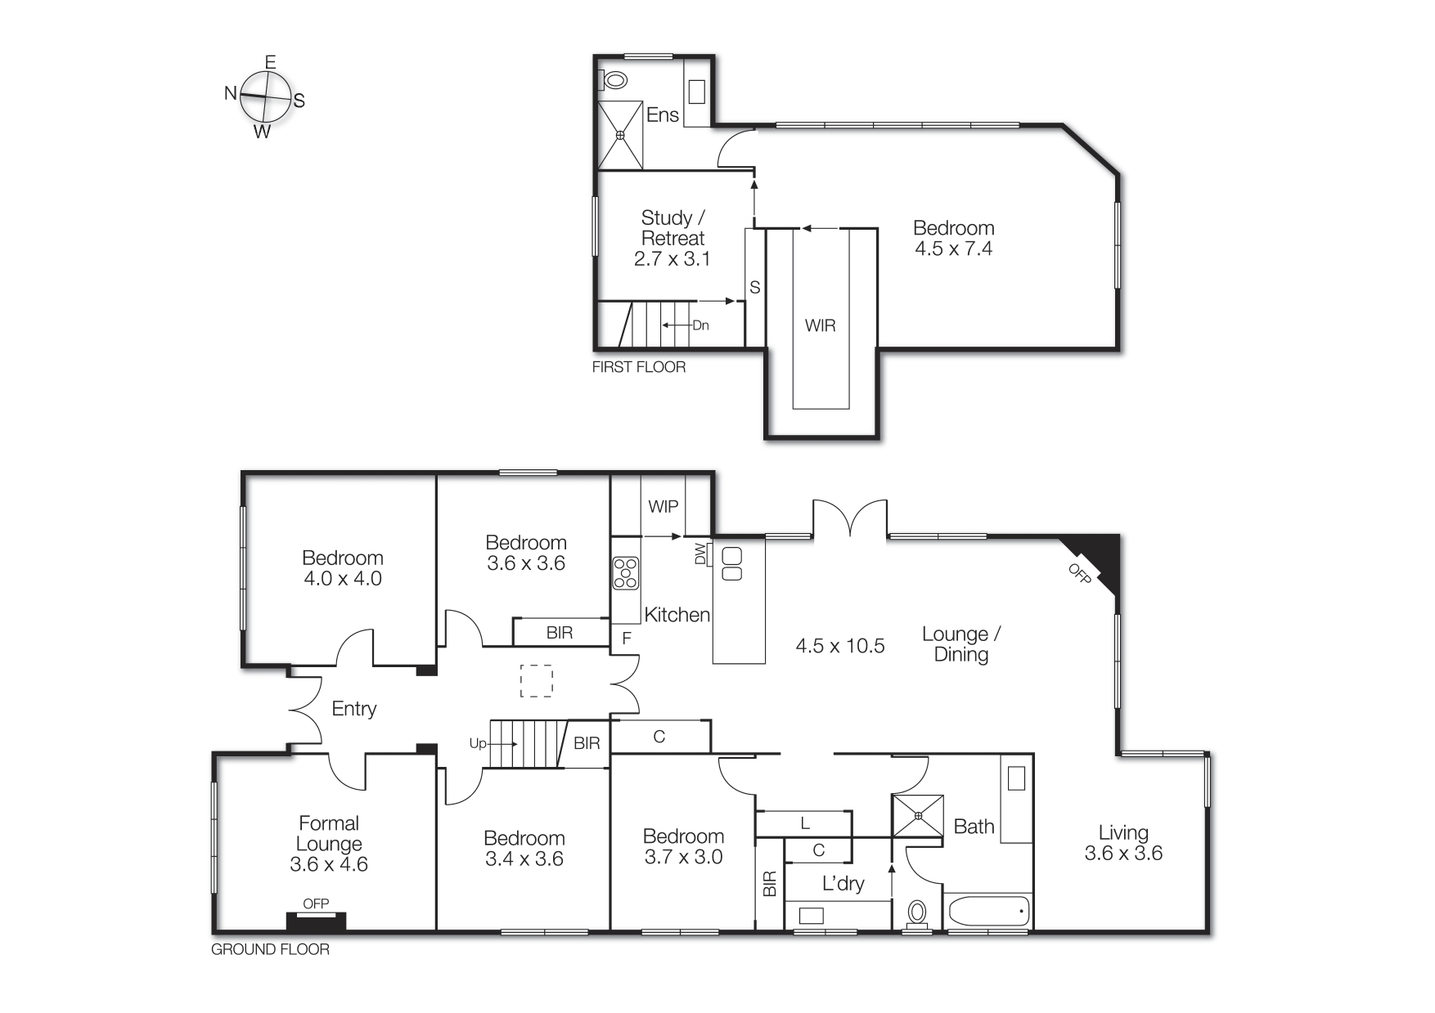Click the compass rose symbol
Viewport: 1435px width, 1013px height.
click(x=265, y=96)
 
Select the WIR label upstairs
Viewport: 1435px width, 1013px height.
click(x=820, y=325)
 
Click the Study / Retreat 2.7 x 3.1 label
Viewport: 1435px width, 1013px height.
click(x=673, y=238)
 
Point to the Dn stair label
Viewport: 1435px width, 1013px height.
click(x=700, y=325)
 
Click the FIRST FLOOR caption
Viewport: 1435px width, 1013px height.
click(x=638, y=367)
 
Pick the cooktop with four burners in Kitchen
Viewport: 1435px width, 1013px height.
click(x=626, y=572)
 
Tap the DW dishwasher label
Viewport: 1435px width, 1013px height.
click(x=700, y=555)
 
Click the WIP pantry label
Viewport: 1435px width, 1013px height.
click(x=663, y=506)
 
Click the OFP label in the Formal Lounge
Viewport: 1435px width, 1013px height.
click(x=316, y=903)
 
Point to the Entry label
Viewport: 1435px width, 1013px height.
click(x=354, y=709)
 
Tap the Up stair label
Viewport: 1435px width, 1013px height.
click(x=478, y=743)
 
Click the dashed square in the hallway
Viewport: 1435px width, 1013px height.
click(x=537, y=681)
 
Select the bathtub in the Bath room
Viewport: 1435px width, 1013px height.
click(x=987, y=910)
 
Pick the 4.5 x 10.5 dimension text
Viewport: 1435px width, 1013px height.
click(x=840, y=646)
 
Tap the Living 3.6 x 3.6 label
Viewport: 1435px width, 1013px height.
click(x=1123, y=843)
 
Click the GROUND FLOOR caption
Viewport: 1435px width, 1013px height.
click(x=270, y=949)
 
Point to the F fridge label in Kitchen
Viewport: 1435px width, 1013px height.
click(x=627, y=638)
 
